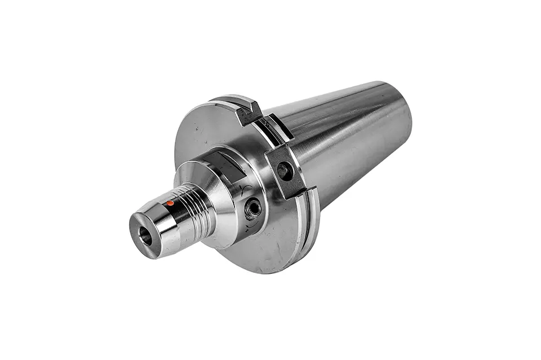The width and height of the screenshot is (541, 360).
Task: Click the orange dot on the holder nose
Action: click(170, 203)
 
